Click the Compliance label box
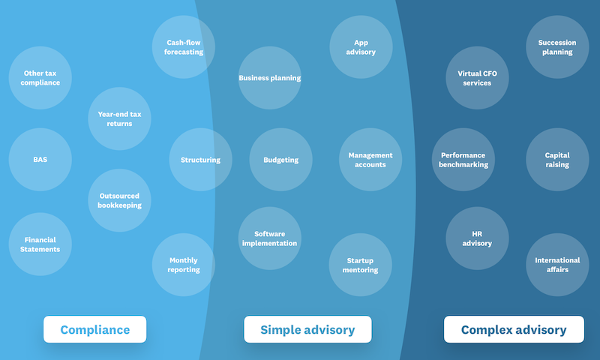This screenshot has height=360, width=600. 94,330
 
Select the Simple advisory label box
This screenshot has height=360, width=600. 307,330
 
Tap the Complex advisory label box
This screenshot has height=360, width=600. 514,330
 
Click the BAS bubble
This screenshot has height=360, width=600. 40,160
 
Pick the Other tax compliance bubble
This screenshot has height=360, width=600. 40,78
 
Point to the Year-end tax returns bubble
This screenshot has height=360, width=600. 119,118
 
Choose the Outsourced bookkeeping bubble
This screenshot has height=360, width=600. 119,200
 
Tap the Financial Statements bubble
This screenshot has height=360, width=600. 40,244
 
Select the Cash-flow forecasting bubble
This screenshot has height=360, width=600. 184,47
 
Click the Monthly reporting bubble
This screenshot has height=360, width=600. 184,265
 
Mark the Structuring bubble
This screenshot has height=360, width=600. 200,160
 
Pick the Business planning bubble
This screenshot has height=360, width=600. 270,78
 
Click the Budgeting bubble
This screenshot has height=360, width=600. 280,160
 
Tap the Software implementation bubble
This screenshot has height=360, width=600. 270,238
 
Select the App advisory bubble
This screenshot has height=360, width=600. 361,47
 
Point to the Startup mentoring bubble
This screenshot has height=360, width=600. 360,265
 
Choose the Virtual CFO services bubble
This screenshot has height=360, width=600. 477,78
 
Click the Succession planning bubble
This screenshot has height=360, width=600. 557,47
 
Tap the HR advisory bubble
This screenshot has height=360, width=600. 477,238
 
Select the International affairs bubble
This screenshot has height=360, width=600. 557,265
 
